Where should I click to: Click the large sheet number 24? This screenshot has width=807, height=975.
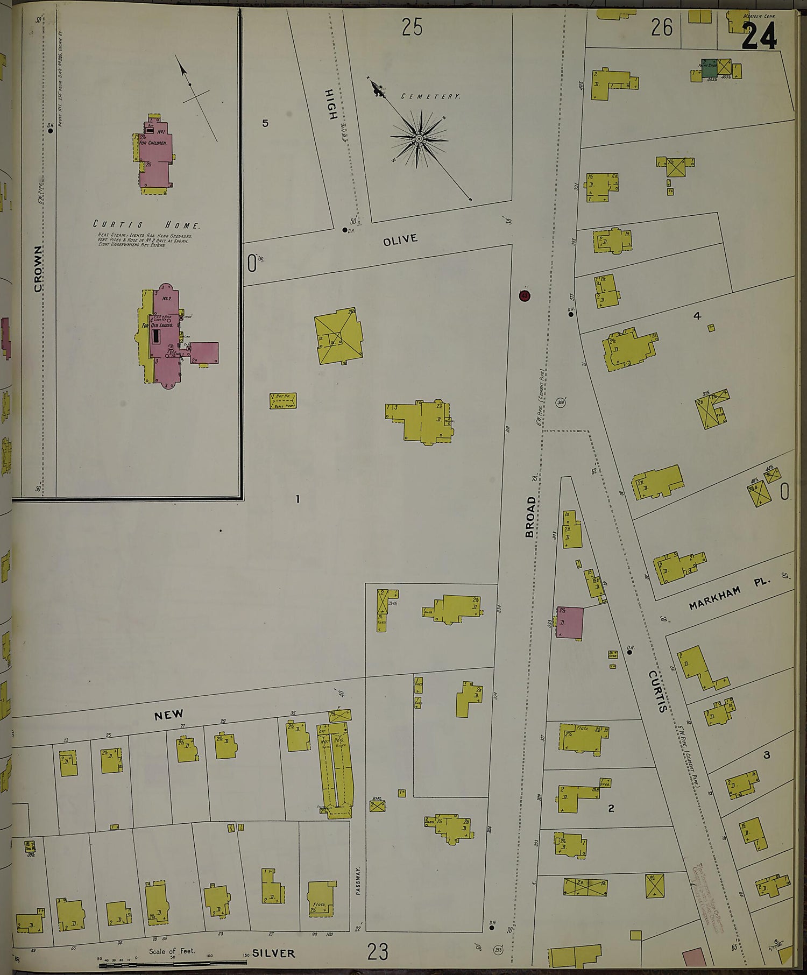coord(760,36)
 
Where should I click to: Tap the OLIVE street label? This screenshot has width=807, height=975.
coord(400,239)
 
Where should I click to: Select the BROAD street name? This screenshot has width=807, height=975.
coord(530,517)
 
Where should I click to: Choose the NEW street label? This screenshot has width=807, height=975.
coord(169,715)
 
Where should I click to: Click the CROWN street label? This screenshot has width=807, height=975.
coord(38,269)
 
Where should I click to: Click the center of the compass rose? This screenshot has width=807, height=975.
coord(419,139)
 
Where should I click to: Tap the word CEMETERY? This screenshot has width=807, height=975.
coord(431,96)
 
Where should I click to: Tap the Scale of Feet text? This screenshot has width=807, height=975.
coord(165,951)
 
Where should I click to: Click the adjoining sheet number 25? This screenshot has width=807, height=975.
coord(412,27)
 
